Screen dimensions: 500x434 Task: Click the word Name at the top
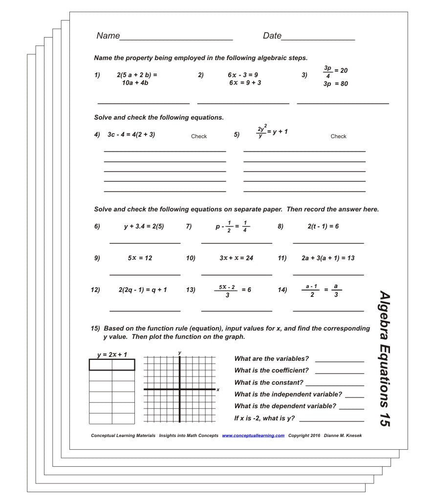[108, 36]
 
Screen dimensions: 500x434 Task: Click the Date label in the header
[272, 36]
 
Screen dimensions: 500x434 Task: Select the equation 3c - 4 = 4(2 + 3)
[131, 134]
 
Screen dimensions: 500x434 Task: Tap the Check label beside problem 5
[338, 136]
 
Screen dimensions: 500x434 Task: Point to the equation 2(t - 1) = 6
[323, 226]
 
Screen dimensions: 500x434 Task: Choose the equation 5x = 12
[140, 258]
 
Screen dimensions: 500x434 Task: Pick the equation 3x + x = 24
[236, 258]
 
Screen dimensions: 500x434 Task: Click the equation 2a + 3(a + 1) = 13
[328, 258]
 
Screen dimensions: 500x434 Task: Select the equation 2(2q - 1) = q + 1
[143, 290]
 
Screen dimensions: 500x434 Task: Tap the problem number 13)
[191, 290]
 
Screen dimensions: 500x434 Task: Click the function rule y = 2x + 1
[112, 354]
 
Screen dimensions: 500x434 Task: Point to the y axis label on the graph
[180, 352]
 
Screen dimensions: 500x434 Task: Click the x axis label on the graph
[217, 390]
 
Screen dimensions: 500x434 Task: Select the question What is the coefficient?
[271, 371]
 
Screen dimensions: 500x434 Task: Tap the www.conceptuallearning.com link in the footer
[253, 436]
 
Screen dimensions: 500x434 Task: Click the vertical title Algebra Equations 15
[385, 359]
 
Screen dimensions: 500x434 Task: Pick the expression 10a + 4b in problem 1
[135, 83]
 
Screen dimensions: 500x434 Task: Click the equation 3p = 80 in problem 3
[335, 83]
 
